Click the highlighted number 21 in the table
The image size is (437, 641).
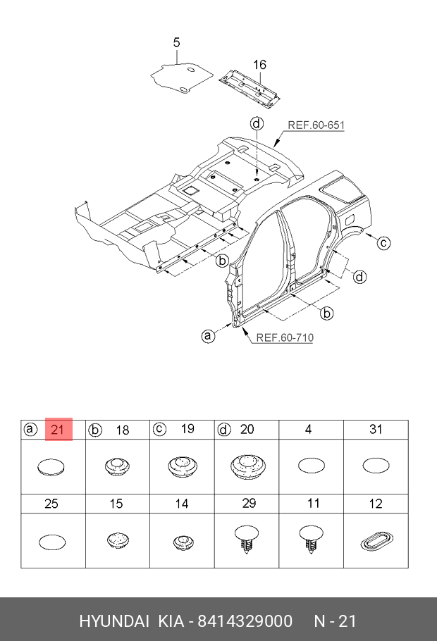tap(58, 430)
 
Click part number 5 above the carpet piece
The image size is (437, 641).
tap(176, 42)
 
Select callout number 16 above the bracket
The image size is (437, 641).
tap(259, 65)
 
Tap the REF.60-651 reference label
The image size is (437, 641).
tap(316, 125)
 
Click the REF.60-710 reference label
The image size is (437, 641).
tap(285, 337)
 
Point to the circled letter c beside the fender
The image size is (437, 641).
tap(383, 243)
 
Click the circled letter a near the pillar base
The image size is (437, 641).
tap(208, 337)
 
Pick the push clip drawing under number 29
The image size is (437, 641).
tap(247, 539)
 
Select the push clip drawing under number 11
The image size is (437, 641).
tap(312, 539)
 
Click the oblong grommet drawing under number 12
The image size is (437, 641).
tap(376, 542)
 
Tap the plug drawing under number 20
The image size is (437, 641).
tap(247, 466)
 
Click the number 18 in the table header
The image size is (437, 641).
tap(123, 430)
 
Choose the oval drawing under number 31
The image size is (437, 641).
tap(376, 466)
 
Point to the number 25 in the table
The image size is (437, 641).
tap(51, 504)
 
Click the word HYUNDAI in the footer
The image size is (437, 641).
tap(113, 621)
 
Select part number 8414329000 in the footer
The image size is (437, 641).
tap(245, 621)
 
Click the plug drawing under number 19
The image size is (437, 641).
tap(183, 466)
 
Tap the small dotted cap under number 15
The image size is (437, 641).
tap(118, 540)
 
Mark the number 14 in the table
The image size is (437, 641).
tap(182, 504)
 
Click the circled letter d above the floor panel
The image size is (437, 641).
tap(257, 123)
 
